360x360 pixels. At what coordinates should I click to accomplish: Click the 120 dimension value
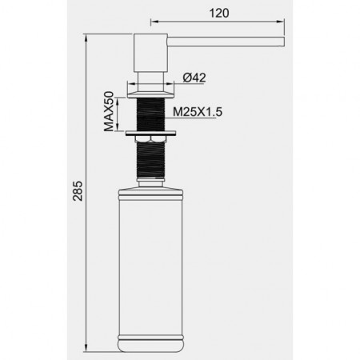coord(219,13)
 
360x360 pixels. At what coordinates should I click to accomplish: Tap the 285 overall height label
coord(78,191)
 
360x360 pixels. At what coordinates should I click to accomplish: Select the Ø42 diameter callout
coord(194,78)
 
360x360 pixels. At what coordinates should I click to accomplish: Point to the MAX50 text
coord(109,111)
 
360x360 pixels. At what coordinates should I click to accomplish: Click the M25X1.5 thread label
coord(198,112)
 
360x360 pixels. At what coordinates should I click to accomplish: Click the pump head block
coord(150,53)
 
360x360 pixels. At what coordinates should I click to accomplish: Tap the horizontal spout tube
coord(226,42)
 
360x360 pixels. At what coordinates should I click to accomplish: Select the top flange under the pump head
coord(151,94)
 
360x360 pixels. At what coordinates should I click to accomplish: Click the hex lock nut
coord(150,139)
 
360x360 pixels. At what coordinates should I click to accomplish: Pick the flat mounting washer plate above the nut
coord(150,134)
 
